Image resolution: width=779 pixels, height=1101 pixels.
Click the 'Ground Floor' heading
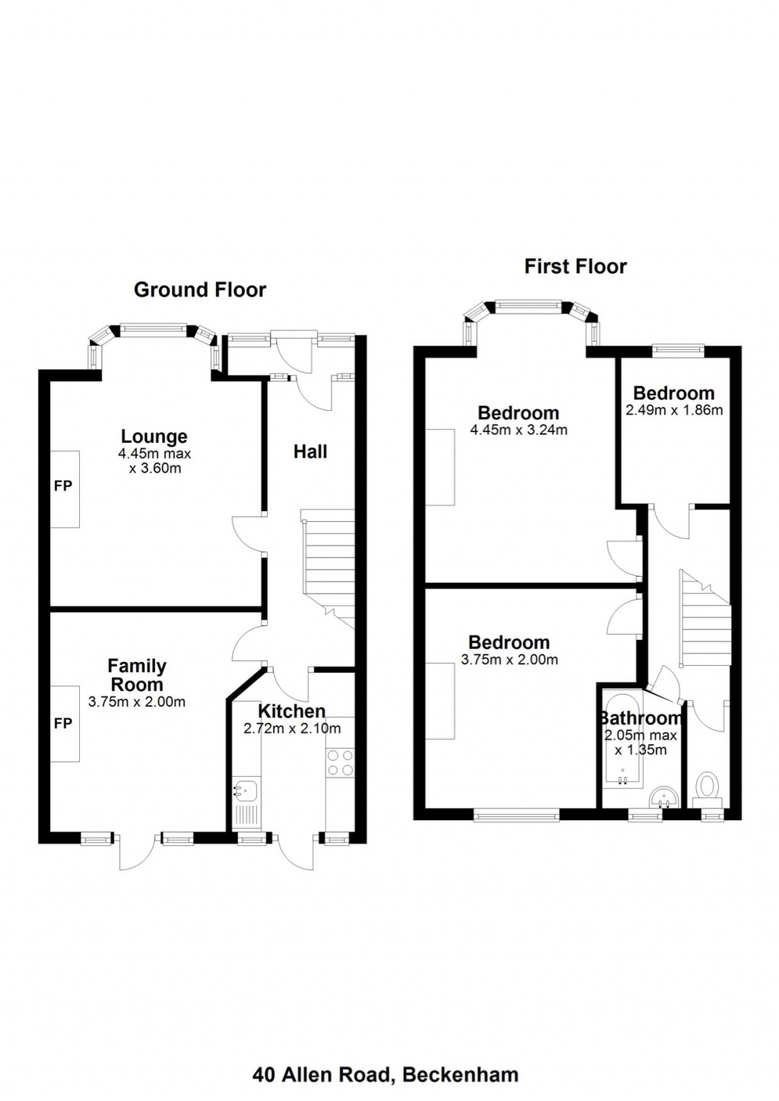[200, 290]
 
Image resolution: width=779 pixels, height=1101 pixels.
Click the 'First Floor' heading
[575, 266]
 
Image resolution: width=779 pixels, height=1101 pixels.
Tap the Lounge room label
[154, 436]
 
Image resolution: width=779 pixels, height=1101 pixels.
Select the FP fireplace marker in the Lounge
[63, 485]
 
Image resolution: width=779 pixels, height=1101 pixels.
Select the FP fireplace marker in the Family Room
[63, 723]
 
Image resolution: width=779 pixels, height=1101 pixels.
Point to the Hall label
[310, 452]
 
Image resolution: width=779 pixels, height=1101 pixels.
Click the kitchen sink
[246, 791]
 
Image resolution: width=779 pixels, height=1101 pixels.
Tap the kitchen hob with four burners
[339, 762]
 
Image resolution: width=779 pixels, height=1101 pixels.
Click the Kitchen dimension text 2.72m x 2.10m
[292, 728]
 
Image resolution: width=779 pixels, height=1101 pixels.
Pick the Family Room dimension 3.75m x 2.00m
[137, 702]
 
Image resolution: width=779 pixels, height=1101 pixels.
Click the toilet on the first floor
[707, 786]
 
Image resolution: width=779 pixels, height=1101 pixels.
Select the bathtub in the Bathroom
[622, 738]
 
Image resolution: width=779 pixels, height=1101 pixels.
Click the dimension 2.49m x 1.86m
[674, 410]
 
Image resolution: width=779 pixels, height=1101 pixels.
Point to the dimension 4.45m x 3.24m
[519, 430]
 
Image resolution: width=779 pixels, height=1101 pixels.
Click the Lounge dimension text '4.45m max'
[155, 453]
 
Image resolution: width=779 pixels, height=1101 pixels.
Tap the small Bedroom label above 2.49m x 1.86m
[674, 393]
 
